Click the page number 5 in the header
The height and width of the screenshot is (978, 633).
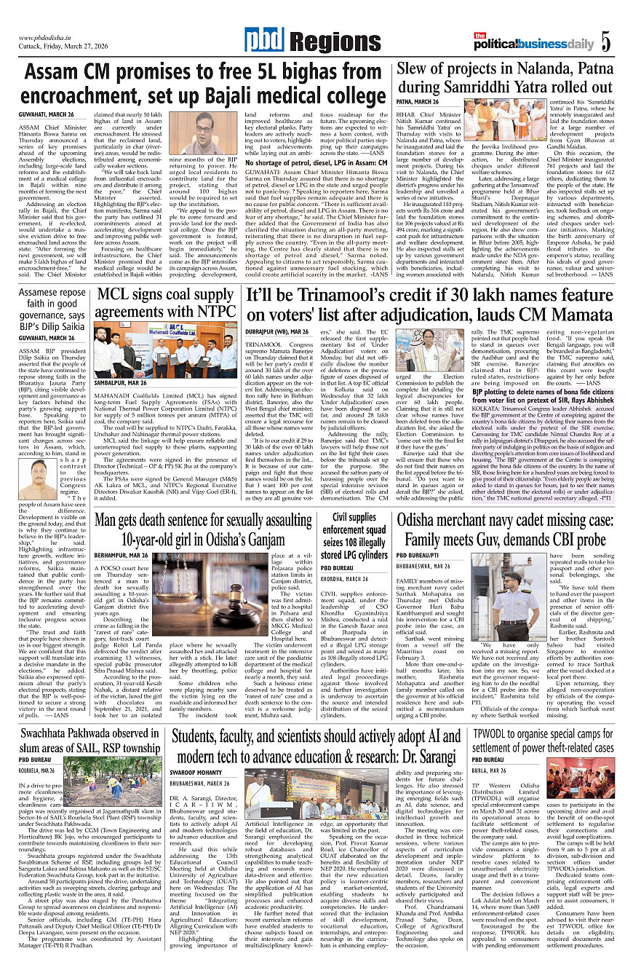pyautogui.click(x=605, y=42)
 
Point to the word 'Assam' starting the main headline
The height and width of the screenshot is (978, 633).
pyautogui.click(x=58, y=73)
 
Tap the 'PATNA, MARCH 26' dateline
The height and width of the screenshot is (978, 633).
pyautogui.click(x=418, y=102)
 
